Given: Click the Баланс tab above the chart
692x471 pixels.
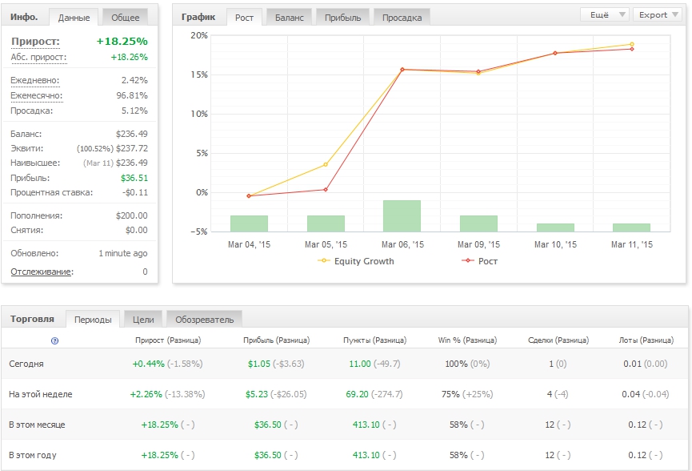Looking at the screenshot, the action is pyautogui.click(x=289, y=18).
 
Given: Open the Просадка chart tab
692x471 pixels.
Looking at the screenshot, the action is pyautogui.click(x=402, y=18).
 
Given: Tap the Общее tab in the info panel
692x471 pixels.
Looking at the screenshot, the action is pyautogui.click(x=125, y=18).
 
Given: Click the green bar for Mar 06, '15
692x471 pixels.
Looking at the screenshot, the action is pyautogui.click(x=402, y=216).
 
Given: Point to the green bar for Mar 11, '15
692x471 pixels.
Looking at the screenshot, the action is pyautogui.click(x=631, y=227).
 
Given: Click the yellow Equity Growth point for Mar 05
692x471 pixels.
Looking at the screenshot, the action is pyautogui.click(x=326, y=164).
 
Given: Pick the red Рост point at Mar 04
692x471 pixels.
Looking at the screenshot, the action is pyautogui.click(x=249, y=195).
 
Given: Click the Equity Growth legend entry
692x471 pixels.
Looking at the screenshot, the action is pyautogui.click(x=356, y=261).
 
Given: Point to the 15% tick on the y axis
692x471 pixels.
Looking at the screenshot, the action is pyautogui.click(x=199, y=74).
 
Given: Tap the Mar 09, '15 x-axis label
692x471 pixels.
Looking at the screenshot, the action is pyautogui.click(x=479, y=244).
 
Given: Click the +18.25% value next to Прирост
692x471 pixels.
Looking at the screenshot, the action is pyautogui.click(x=122, y=41).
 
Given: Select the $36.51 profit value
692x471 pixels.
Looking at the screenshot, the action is pyautogui.click(x=134, y=178).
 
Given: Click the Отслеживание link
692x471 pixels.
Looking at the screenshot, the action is pyautogui.click(x=42, y=272).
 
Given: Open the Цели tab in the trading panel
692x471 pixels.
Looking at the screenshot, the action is pyautogui.click(x=143, y=320).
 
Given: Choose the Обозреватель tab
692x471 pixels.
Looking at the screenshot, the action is pyautogui.click(x=204, y=320).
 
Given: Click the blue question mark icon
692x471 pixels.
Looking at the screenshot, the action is pyautogui.click(x=54, y=340).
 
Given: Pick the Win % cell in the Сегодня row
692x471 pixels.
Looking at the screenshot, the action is pyautogui.click(x=467, y=364).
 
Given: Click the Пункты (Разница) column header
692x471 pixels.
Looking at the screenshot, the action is pyautogui.click(x=374, y=340).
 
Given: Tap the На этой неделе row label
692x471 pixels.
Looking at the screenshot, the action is pyautogui.click(x=41, y=394).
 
